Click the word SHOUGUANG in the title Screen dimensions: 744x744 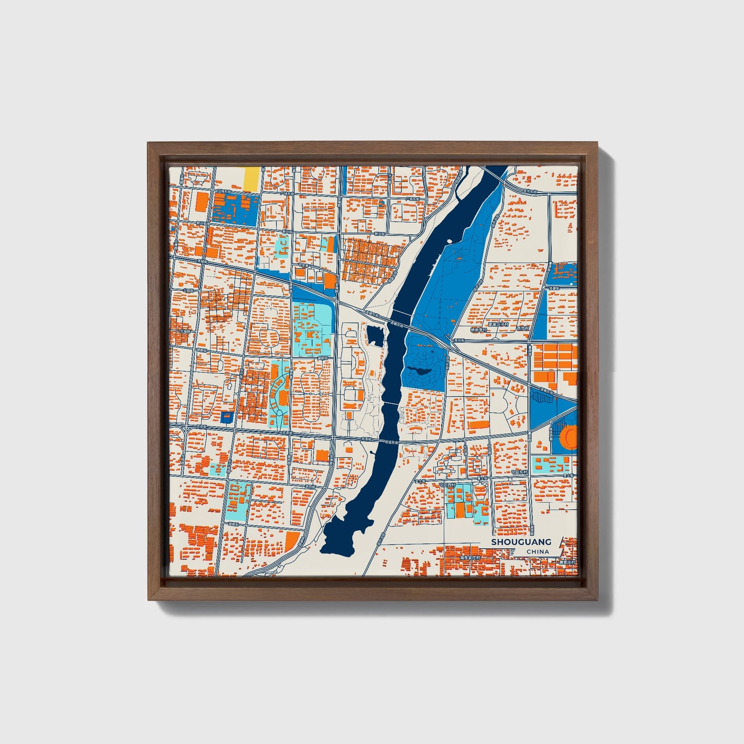pyautogui.click(x=521, y=542)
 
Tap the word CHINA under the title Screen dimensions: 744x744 pyautogui.click(x=538, y=551)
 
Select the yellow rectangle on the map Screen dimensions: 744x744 pyautogui.click(x=251, y=179)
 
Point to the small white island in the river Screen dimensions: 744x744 pyautogui.click(x=449, y=240)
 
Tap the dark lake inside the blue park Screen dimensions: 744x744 pyautogui.click(x=421, y=370)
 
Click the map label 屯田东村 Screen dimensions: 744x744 pyautogui.click(x=520, y=472)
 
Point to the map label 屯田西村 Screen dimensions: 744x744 pyautogui.click(x=447, y=485)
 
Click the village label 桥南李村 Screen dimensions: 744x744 pyautogui.click(x=479, y=330)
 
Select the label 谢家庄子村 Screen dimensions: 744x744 pyautogui.click(x=498, y=324)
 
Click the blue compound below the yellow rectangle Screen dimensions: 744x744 pyautogui.click(x=234, y=210)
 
